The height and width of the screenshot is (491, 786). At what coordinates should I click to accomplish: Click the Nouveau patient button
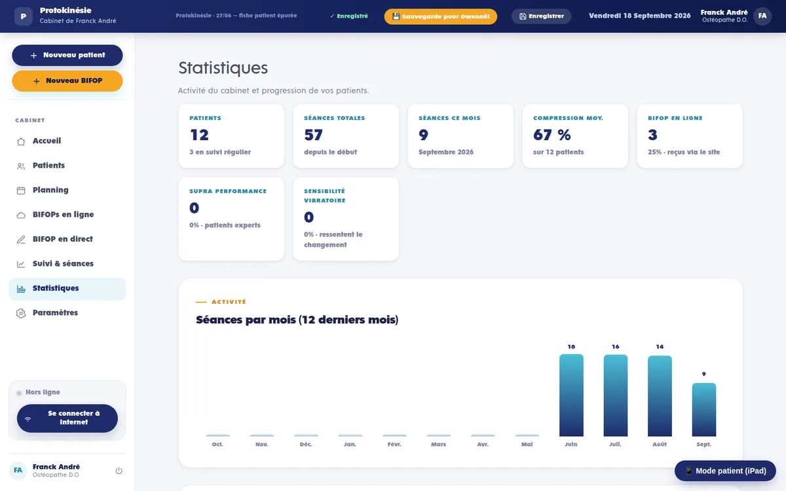(x=67, y=55)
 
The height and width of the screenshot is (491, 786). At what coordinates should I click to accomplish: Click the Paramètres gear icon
(x=21, y=313)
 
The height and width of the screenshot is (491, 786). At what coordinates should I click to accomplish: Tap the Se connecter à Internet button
(x=67, y=418)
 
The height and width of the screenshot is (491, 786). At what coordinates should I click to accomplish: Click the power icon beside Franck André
(x=119, y=471)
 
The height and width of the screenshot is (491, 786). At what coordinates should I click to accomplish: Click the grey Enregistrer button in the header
(x=542, y=16)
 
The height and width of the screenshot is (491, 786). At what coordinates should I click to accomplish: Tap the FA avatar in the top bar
(x=762, y=16)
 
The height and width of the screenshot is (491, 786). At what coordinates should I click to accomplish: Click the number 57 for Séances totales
(x=313, y=135)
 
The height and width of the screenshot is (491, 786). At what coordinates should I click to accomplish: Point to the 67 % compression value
(x=552, y=135)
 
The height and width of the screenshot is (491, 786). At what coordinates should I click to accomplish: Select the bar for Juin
(x=571, y=395)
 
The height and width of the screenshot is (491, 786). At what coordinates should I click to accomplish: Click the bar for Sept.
(x=704, y=410)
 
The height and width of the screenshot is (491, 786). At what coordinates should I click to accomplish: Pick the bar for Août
(x=660, y=396)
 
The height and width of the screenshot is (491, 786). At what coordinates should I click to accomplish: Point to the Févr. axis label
(x=394, y=445)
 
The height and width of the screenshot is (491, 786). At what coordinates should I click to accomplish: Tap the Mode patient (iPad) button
(x=725, y=471)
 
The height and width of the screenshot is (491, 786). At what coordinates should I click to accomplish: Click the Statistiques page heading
(x=223, y=67)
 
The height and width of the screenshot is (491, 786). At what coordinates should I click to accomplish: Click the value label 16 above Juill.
(x=616, y=347)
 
